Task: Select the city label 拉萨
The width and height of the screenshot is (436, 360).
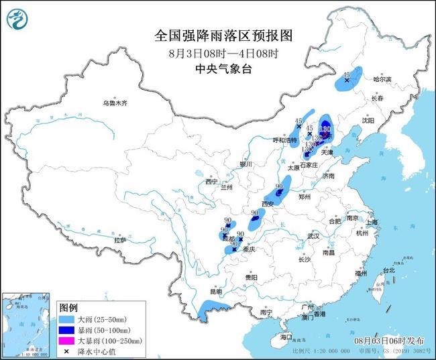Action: pos(120,240)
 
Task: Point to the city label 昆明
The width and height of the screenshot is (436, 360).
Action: pos(215,292)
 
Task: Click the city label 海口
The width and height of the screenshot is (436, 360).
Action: pos(288,337)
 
